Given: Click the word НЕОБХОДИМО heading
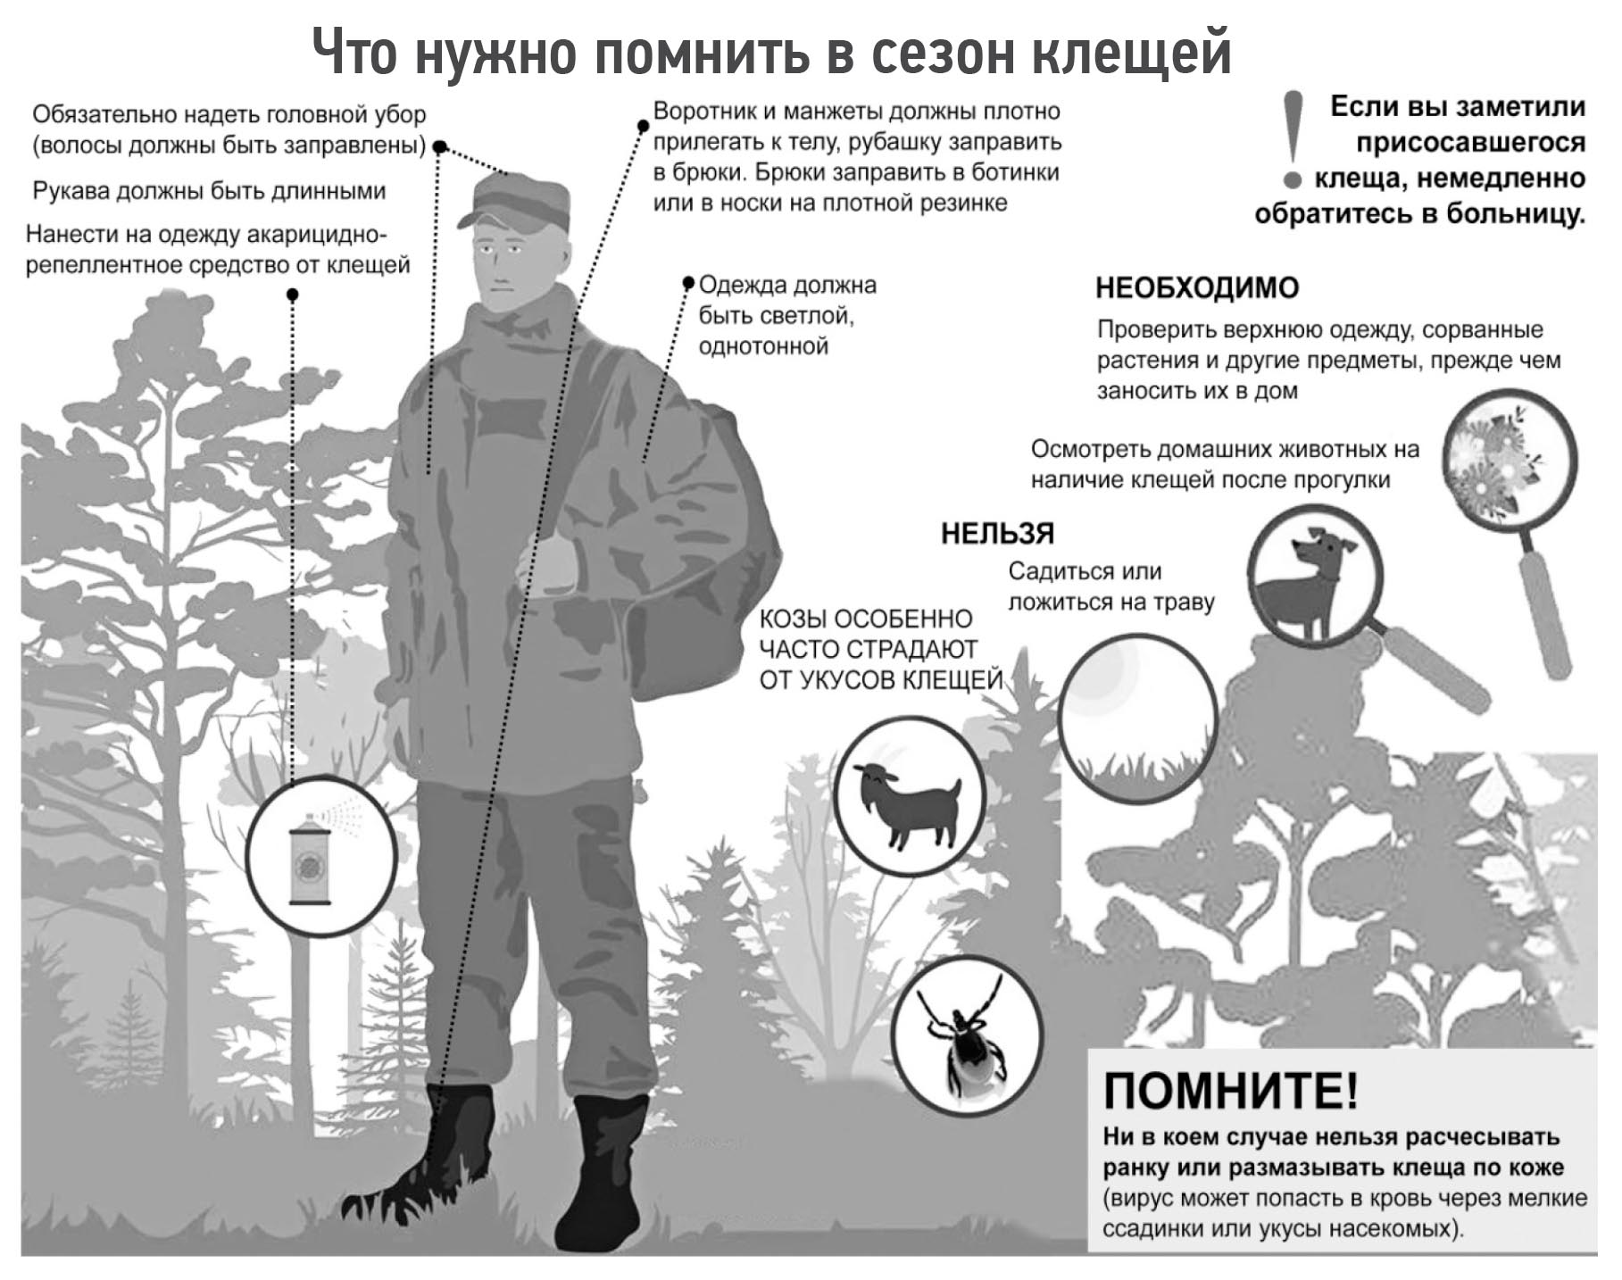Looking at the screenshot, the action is [1197, 288].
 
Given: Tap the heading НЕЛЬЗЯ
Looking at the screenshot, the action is [997, 534].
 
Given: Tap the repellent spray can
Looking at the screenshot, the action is [310, 858].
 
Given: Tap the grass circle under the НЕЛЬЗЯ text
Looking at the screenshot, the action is [1139, 719].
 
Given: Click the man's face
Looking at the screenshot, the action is [512, 264].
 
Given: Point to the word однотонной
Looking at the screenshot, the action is [763, 345].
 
